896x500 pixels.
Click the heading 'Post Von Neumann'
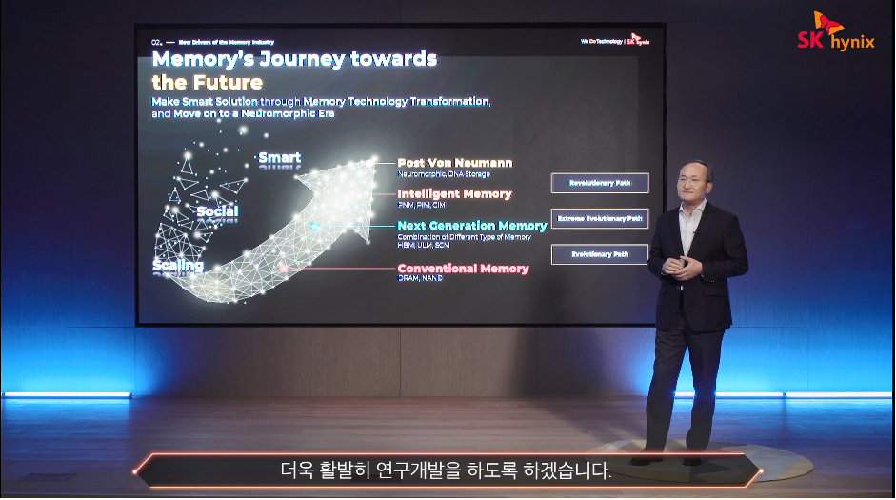coord(454,163)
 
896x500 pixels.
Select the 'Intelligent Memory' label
coord(454,194)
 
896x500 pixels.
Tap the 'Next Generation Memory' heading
coord(471,226)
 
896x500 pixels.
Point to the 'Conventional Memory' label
coord(463,269)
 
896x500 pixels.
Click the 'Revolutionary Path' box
coord(599,183)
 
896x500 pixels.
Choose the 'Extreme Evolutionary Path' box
coord(599,219)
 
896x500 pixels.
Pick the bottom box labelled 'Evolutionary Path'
coord(599,255)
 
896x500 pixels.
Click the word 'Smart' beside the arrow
coord(279,158)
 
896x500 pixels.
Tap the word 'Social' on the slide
coord(217,210)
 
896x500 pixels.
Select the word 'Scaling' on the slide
coord(178,265)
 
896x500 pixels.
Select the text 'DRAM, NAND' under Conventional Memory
coord(420,279)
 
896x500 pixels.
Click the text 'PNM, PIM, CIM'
coord(421,205)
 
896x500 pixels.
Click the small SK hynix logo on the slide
coord(638,42)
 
